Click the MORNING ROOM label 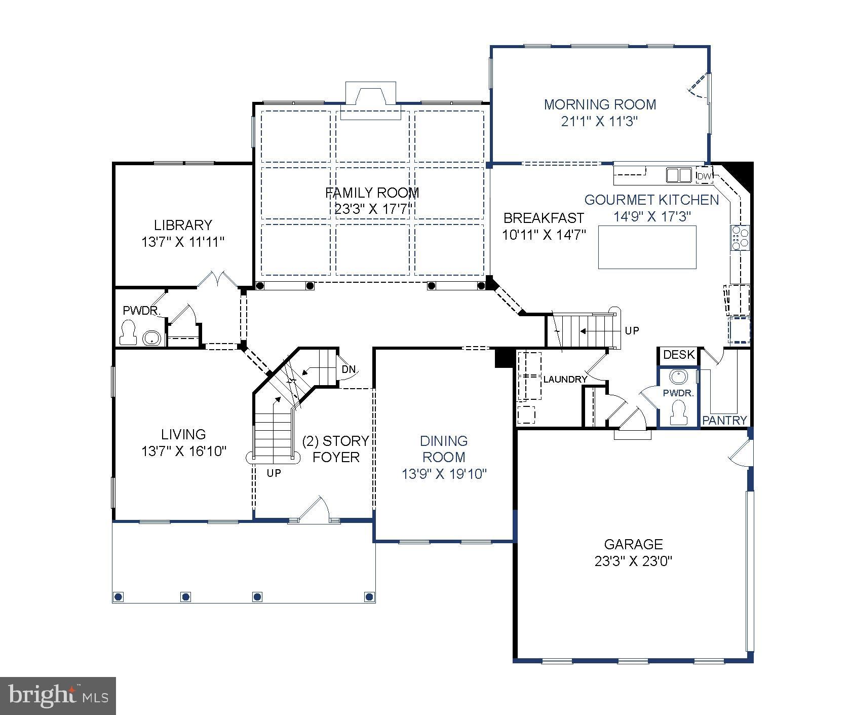click(600, 105)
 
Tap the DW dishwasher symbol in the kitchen click(704, 176)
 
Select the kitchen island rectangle click(647, 247)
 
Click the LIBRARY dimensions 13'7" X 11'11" click(182, 242)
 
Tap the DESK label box click(679, 355)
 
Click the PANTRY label click(724, 420)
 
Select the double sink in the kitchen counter click(678, 175)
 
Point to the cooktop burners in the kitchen click(740, 238)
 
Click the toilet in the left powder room click(128, 333)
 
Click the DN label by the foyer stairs click(349, 369)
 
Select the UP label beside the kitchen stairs click(632, 331)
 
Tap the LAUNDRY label click(565, 379)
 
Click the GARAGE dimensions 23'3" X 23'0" click(633, 561)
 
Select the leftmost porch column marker click(119, 596)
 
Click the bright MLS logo click(58, 695)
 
